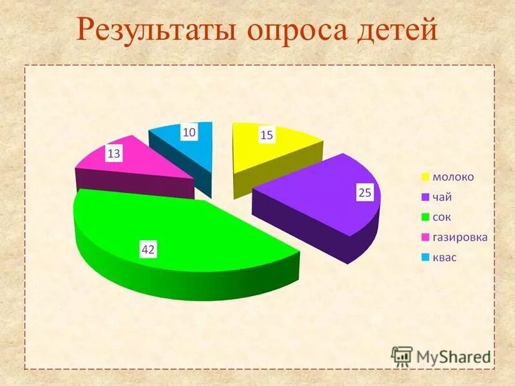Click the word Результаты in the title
[153, 31]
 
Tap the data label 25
[364, 193]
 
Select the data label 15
[267, 134]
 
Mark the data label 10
[189, 132]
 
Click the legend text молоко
[453, 177]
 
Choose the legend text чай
[442, 197]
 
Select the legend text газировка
[460, 237]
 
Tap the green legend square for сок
[426, 217]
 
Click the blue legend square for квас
[426, 257]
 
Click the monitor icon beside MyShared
[402, 356]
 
